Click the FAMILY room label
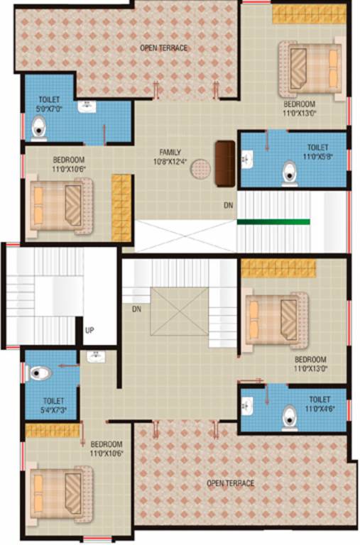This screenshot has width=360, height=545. tap(170, 152)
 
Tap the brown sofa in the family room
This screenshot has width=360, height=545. tap(224, 163)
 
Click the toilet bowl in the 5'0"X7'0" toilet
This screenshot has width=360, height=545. tap(40, 128)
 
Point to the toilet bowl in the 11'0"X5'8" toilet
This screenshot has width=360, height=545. tap(290, 173)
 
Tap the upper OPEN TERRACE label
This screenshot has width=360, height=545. tap(163, 48)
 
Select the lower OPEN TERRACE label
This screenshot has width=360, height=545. tap(230, 483)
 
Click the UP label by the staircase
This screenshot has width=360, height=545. tap(89, 331)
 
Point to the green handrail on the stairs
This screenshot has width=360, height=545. tap(273, 222)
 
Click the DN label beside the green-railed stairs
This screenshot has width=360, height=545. tap(228, 205)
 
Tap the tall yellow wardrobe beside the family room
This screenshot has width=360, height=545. tap(121, 207)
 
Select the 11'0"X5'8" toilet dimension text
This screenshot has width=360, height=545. tap(317, 156)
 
